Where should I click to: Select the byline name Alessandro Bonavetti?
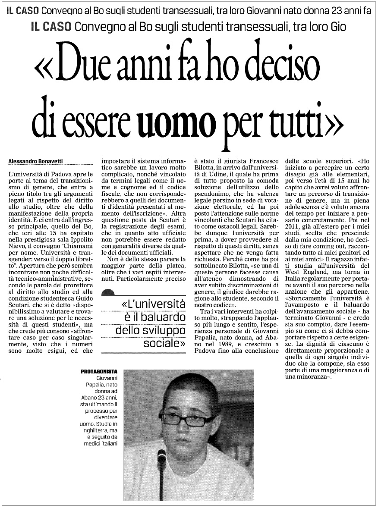click(36, 161)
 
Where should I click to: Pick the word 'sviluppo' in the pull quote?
click(163, 331)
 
